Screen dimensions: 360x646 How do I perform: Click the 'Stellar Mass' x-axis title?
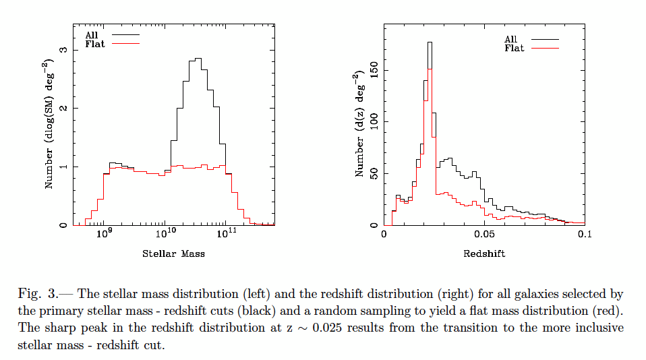pyautogui.click(x=173, y=254)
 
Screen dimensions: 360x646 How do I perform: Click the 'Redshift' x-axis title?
pyautogui.click(x=484, y=254)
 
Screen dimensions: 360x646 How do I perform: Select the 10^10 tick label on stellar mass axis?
pyautogui.click(x=165, y=234)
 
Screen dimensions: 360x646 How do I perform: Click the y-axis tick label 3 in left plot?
pyautogui.click(x=63, y=50)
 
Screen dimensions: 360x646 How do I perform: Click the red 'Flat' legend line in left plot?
pyautogui.click(x=125, y=43)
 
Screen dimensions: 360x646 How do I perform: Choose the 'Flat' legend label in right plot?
pyautogui.click(x=515, y=49)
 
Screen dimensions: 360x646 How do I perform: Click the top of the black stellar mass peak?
pyautogui.click(x=198, y=59)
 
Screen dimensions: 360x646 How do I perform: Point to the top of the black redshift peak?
pyautogui.click(x=430, y=42)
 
